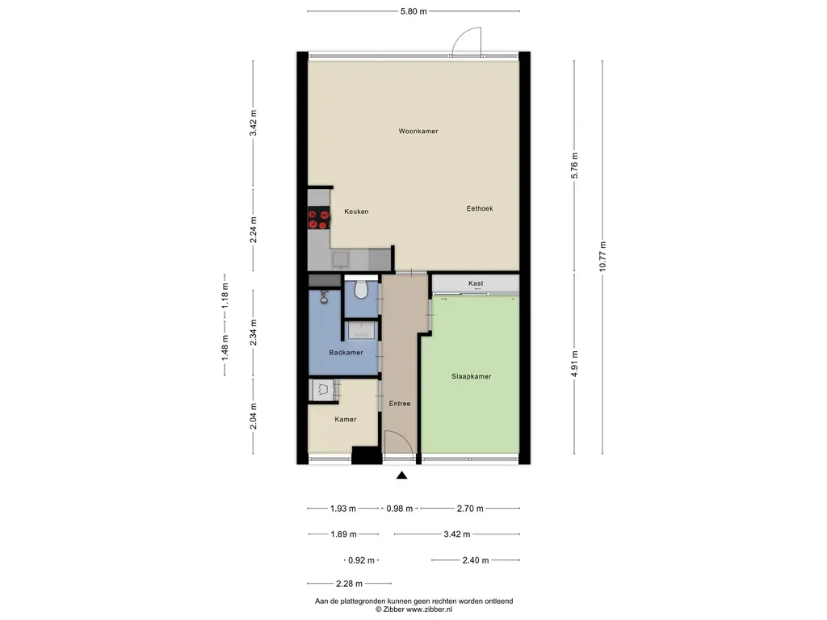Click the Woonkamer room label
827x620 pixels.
(418, 132)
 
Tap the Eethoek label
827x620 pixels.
(480, 208)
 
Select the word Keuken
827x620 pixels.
(356, 212)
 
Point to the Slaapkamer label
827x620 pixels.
(471, 376)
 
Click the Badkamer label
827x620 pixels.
(346, 353)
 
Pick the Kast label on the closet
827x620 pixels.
(476, 283)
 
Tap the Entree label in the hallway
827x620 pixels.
(400, 404)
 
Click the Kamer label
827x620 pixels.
(346, 419)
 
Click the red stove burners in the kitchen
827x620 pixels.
(318, 220)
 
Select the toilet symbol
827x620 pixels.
(361, 290)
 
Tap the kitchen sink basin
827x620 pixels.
(340, 259)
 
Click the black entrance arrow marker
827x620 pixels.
(402, 475)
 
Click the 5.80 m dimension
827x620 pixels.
(413, 11)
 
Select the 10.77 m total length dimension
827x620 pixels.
(602, 256)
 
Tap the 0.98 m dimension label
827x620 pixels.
(400, 509)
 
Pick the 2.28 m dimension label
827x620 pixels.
(349, 584)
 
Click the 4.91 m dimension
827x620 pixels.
(574, 364)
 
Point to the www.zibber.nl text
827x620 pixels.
(429, 610)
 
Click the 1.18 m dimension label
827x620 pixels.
(225, 295)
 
